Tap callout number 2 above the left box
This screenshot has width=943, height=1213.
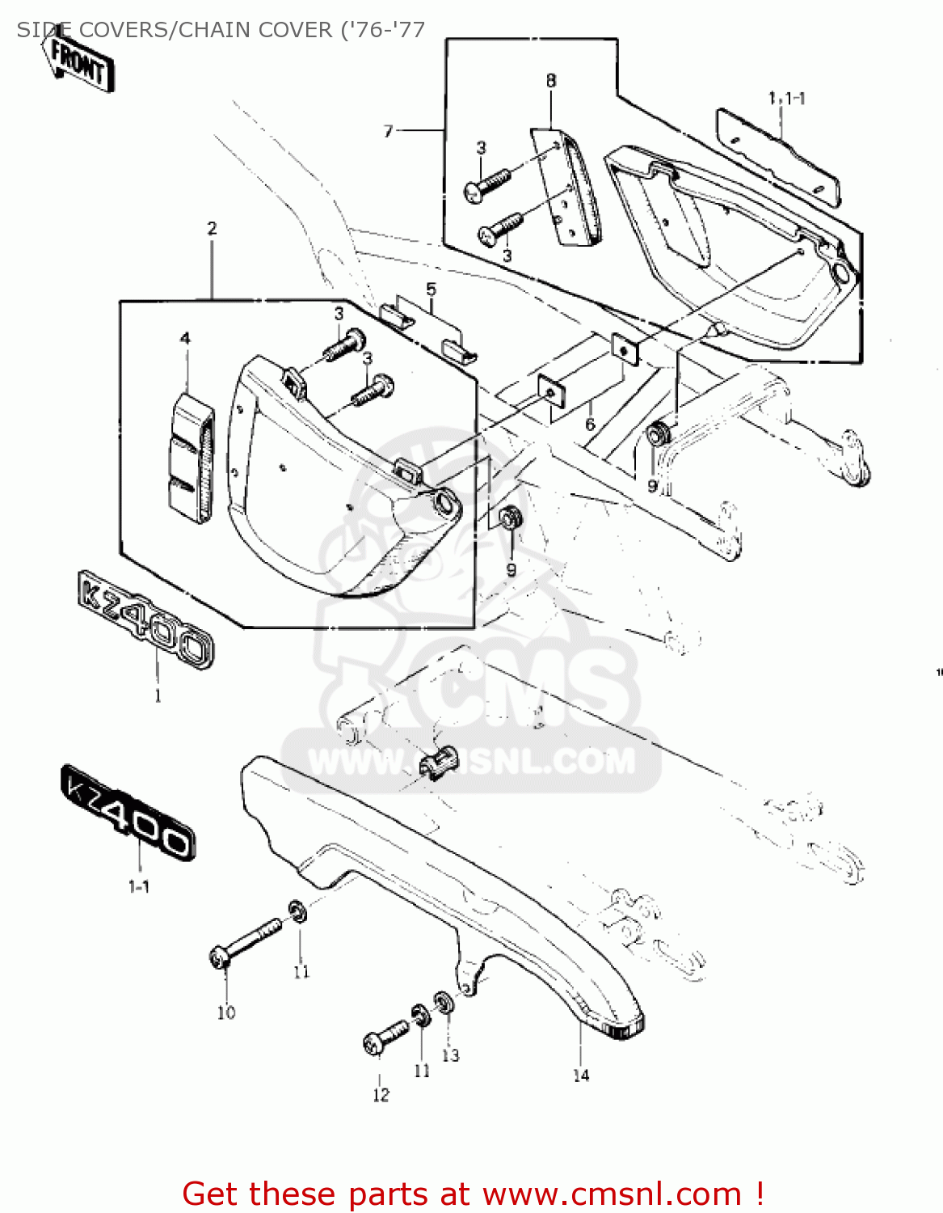pos(212,229)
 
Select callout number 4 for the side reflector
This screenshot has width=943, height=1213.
pos(185,338)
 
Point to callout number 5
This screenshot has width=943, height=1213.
pos(431,290)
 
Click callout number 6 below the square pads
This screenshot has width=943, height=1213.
pos(590,425)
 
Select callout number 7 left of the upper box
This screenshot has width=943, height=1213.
pos(389,131)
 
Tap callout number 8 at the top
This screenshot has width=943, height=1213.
pos(551,81)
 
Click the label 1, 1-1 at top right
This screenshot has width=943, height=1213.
pos(785,99)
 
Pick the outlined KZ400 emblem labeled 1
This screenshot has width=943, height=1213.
pos(146,620)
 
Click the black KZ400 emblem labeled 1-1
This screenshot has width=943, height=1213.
pos(128,812)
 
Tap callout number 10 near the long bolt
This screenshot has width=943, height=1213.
pos(226,1012)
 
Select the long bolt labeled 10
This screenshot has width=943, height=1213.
pos(246,940)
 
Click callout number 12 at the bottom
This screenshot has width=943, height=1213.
pos(381,1095)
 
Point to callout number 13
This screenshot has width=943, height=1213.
pos(450,1055)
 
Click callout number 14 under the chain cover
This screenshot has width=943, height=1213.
pos(581,1076)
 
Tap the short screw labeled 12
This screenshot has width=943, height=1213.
pos(386,1037)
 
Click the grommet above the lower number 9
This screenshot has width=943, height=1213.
pos(509,518)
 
